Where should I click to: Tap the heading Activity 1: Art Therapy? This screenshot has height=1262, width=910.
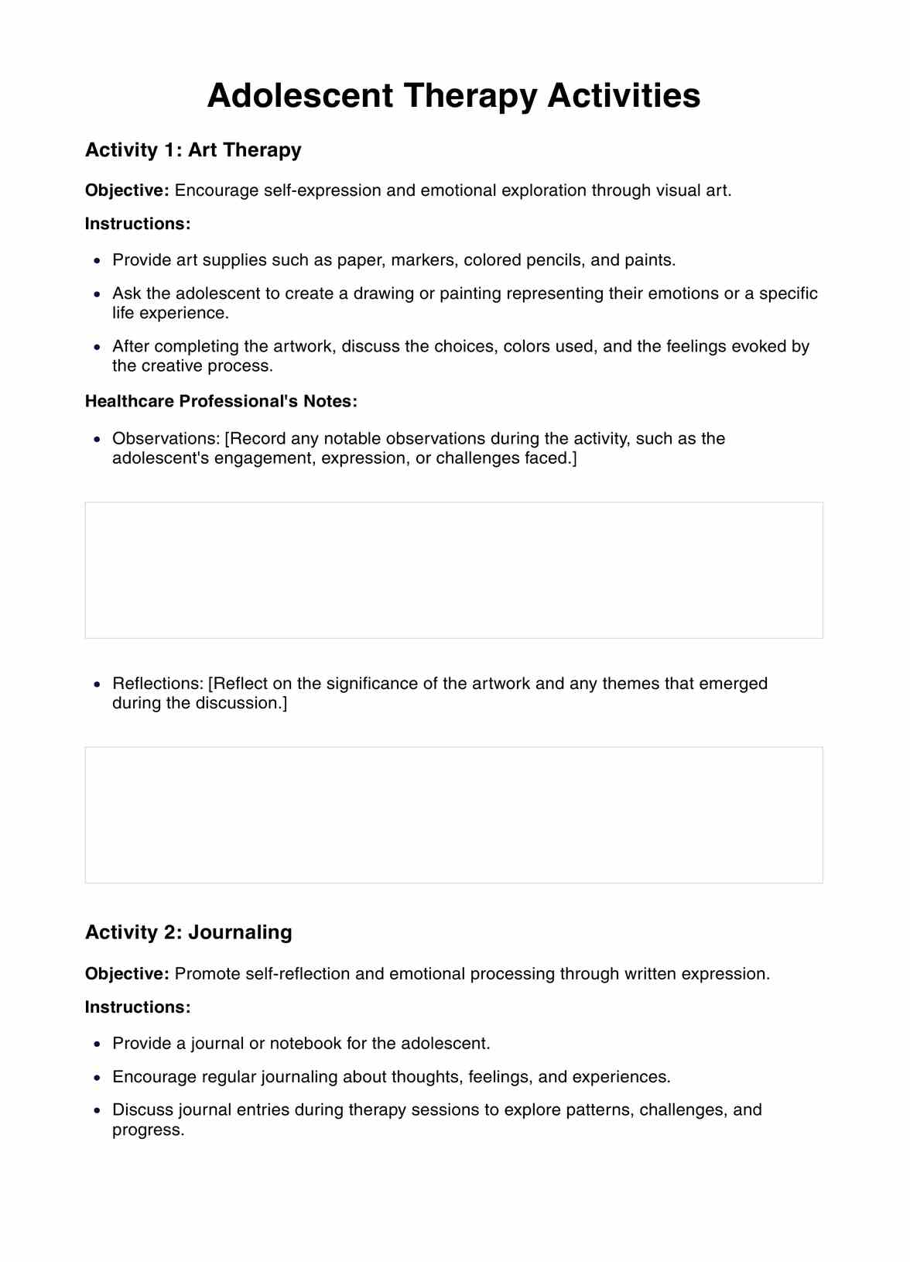pos(193,150)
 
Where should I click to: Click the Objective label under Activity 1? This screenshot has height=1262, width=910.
pos(127,190)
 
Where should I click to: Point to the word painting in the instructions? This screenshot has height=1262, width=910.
pos(470,293)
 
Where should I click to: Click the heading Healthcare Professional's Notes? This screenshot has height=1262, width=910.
pos(221,401)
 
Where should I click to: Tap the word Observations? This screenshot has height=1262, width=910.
pos(166,439)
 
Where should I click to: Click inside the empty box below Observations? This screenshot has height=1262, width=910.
pos(453,570)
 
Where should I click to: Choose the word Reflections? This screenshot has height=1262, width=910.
pos(158,684)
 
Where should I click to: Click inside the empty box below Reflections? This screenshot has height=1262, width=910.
pos(453,814)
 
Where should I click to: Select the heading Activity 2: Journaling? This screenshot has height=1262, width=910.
pos(188,932)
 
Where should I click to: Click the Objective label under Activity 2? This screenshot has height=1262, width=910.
pos(127,974)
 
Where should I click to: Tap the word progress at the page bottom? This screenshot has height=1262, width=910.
pos(147,1130)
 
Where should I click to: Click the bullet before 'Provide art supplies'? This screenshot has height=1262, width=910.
pos(97,261)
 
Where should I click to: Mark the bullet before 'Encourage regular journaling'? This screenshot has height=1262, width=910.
pos(97,1078)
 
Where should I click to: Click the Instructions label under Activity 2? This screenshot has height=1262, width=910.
pos(137,1007)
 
